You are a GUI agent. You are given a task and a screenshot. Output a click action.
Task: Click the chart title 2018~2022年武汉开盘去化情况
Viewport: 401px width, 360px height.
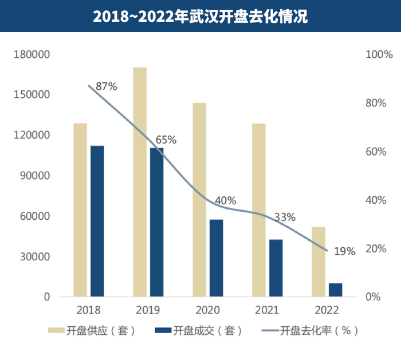pyautogui.click(x=200, y=17)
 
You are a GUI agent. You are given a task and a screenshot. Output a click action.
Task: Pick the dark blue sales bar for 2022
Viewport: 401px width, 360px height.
pyautogui.click(x=335, y=290)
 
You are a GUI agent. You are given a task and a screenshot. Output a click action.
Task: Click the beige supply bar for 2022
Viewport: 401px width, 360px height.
pyautogui.click(x=319, y=262)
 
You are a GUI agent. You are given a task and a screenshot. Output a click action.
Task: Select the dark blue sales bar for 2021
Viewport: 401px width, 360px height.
pyautogui.click(x=276, y=268)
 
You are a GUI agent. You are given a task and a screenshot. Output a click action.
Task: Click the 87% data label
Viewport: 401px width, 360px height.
pyautogui.click(x=107, y=87)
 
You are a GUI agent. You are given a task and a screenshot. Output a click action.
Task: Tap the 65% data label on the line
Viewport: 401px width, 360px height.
pyautogui.click(x=166, y=140)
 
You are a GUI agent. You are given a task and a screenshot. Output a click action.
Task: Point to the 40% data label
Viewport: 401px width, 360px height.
pyautogui.click(x=225, y=201)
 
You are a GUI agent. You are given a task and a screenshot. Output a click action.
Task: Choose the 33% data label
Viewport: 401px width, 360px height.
pyautogui.click(x=285, y=217)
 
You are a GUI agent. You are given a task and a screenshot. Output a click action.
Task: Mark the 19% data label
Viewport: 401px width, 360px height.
pyautogui.click(x=345, y=251)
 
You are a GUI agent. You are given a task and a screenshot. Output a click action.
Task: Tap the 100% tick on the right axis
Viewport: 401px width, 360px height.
pyautogui.click(x=378, y=55)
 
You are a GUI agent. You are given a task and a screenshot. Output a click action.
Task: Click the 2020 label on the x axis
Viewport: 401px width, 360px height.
pyautogui.click(x=207, y=310)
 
